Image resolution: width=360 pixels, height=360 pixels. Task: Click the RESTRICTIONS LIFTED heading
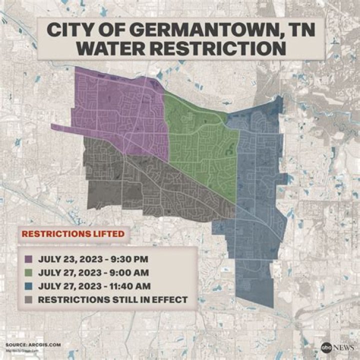click(x=72, y=233)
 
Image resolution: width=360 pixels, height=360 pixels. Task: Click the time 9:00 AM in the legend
click(x=128, y=273)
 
